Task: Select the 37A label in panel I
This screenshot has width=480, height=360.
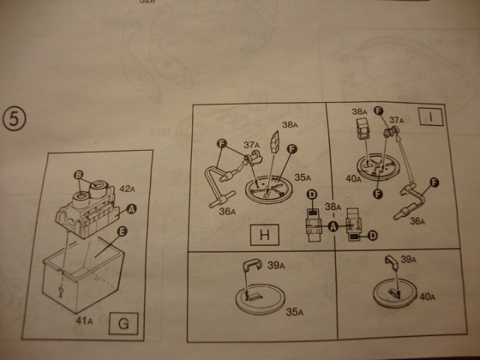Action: pos(396,120)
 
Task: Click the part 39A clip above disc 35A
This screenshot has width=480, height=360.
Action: pos(253,265)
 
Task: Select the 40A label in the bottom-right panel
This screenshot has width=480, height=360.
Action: pos(427,297)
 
